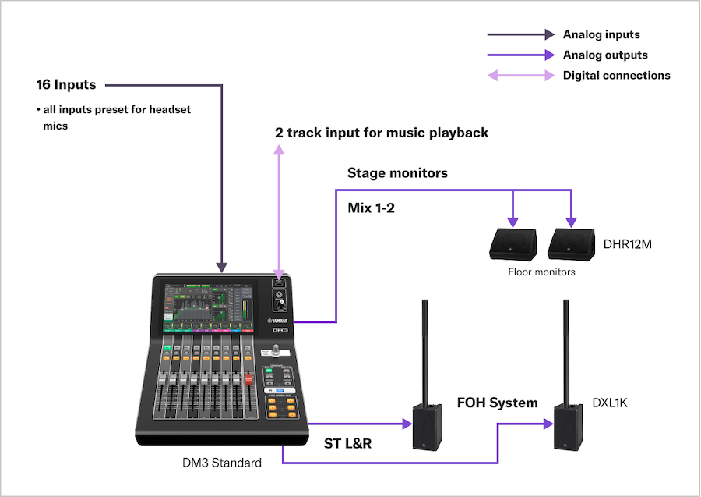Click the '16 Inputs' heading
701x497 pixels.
click(66, 84)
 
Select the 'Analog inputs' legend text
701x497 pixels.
click(601, 34)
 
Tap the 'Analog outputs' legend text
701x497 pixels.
click(605, 55)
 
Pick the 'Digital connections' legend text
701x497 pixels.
click(616, 76)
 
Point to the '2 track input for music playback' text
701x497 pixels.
click(382, 133)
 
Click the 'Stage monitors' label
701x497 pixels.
click(397, 173)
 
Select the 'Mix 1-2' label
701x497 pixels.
click(372, 208)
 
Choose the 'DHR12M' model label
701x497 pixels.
click(628, 245)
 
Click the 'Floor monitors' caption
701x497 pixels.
click(541, 272)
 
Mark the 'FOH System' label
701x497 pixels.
click(497, 403)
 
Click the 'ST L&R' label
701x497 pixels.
click(347, 444)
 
